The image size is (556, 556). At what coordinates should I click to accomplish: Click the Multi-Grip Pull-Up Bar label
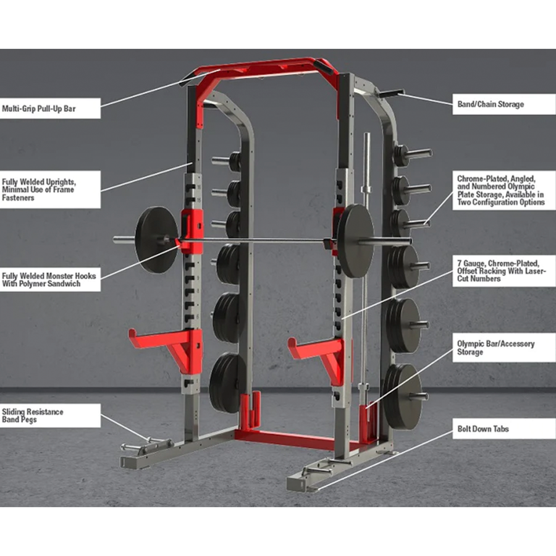coord(50,108)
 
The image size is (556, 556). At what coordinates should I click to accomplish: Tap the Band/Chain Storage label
coord(504,104)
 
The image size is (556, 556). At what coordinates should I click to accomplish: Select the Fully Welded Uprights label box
coord(50,190)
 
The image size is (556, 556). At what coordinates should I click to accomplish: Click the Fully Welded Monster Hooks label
coord(50,280)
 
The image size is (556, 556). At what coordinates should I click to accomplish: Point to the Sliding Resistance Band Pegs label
coord(50,416)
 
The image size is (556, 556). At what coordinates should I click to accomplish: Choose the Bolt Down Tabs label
coord(504,429)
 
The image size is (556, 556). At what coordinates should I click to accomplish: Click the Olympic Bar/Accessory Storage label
coord(504,347)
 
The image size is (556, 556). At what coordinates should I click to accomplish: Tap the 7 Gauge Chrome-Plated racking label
coord(504,271)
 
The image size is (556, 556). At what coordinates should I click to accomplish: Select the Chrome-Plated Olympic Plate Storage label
coord(504,190)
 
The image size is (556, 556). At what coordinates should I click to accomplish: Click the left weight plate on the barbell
coord(156,240)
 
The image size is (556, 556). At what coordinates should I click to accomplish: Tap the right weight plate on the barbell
coord(355,241)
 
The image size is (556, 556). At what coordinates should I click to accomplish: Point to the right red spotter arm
coord(318,356)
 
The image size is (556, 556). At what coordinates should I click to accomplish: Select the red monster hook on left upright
coord(191,230)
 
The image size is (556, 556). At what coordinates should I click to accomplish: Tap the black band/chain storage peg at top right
coord(392,93)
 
